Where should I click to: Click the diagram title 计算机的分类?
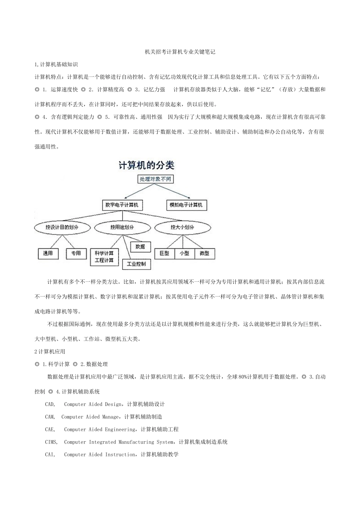146,166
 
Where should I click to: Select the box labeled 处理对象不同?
155,179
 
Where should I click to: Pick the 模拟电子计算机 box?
186,205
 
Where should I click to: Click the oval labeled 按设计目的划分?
62,227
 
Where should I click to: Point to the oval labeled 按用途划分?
122,227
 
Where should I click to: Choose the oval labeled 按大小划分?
182,227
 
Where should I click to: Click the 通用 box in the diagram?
48,253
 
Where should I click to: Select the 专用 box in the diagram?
76,253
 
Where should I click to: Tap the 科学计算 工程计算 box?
104,257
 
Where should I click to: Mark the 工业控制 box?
136,264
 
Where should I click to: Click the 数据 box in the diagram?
140,247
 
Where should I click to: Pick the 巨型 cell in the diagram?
164,253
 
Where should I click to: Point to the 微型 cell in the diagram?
204,253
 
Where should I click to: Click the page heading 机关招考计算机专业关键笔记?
180,52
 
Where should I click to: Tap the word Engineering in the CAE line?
120,429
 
